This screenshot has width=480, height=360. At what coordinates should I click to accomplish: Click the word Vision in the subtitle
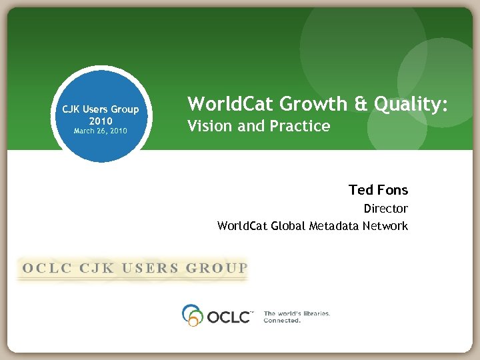tap(209, 125)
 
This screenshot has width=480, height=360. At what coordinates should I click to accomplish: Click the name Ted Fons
tap(378, 190)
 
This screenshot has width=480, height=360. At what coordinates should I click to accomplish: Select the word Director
tap(385, 209)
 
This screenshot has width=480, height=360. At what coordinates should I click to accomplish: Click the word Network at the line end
tap(385, 226)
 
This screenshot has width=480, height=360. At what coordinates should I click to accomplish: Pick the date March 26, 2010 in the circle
tap(100, 131)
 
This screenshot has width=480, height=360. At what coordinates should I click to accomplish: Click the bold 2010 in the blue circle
tap(100, 121)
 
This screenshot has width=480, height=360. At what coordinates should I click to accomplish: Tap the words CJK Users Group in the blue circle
tap(100, 109)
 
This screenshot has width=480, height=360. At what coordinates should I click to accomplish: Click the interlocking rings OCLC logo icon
tap(193, 315)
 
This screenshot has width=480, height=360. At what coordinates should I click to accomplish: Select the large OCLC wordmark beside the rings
tap(228, 315)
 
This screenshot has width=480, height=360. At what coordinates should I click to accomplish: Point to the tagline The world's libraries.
tap(297, 313)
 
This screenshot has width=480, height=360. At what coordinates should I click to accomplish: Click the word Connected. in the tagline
tap(282, 320)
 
